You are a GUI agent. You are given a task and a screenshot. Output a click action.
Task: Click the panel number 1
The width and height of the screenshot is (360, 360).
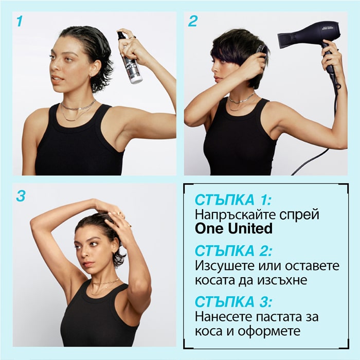(20, 21)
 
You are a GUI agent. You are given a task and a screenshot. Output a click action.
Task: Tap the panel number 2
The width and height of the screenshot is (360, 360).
(192, 21)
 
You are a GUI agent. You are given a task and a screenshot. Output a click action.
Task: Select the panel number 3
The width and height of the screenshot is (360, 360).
(21, 196)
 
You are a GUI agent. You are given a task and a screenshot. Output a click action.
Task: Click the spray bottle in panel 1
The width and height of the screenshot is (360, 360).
(129, 58)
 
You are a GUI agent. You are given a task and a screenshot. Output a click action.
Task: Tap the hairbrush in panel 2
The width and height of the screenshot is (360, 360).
(262, 53)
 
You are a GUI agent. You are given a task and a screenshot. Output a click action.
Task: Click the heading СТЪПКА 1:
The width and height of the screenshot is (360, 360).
(233, 200)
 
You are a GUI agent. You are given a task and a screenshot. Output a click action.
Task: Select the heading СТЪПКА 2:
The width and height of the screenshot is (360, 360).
(233, 251)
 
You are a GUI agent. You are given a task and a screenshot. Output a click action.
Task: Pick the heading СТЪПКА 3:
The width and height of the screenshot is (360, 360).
(233, 302)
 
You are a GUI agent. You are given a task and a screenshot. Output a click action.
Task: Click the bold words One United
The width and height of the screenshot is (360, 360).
(233, 229)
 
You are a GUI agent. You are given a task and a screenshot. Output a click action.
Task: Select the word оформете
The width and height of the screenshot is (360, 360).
(269, 331)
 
